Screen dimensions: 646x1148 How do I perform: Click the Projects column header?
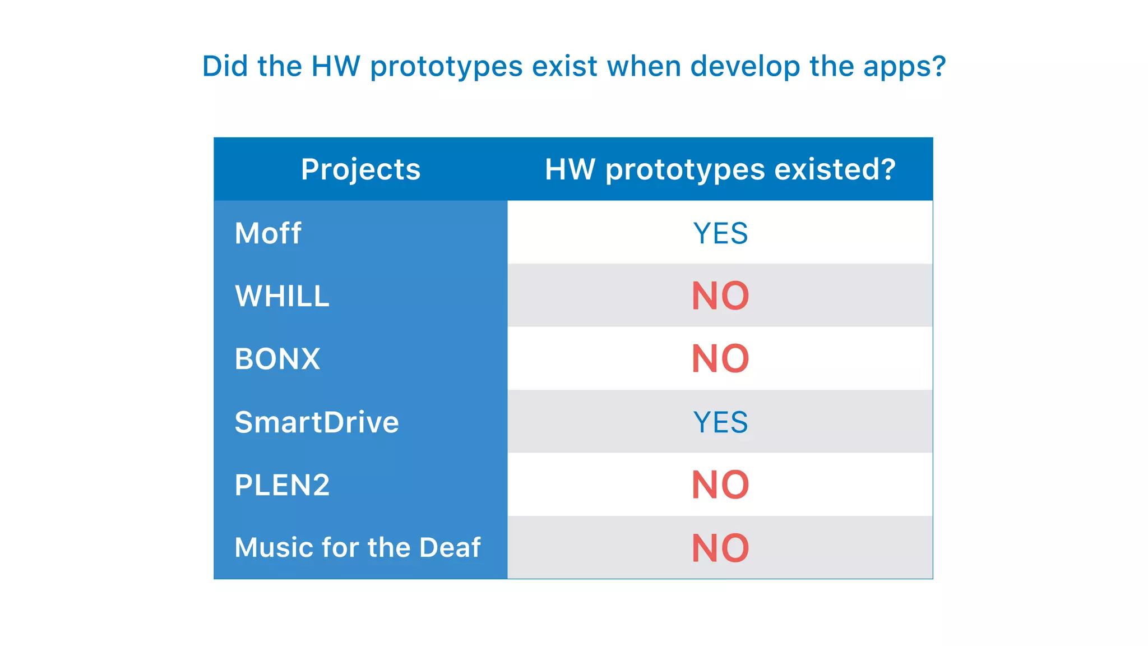point(360,169)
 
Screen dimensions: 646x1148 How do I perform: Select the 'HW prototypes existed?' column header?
point(720,169)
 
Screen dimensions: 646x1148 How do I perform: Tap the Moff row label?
point(268,233)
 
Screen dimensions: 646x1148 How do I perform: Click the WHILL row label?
point(282,296)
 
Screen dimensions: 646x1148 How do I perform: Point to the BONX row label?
point(277,359)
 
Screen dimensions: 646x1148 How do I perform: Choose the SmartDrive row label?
point(317,422)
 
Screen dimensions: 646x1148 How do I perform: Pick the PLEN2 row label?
point(282,485)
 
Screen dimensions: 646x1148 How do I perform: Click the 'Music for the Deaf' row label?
point(358,548)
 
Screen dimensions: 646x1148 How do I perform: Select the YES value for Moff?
point(720,233)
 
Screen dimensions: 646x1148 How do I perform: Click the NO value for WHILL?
point(720,296)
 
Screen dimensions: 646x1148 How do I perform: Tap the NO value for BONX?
point(720,359)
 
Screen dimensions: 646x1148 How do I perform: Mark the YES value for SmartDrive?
point(720,422)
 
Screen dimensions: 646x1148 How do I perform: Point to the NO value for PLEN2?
point(720,485)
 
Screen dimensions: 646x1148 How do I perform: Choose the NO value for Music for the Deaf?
point(720,548)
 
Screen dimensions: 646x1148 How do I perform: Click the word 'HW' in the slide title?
point(336,66)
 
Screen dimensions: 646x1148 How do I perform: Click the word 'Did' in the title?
point(225,66)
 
